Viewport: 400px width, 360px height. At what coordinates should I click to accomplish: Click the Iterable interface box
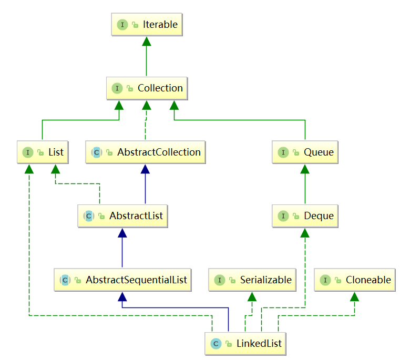[x=147, y=25]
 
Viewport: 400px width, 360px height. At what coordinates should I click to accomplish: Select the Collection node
[x=147, y=88]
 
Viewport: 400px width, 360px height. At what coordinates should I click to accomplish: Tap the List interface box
[x=42, y=152]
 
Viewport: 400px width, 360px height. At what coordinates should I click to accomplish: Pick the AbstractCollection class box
[x=146, y=152]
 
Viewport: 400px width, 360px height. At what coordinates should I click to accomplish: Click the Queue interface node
[x=305, y=152]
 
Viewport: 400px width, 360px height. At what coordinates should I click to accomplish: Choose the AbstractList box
[x=122, y=216]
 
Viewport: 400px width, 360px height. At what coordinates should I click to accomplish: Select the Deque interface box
[x=305, y=216]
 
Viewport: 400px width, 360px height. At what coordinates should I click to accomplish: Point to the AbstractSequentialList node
[x=122, y=280]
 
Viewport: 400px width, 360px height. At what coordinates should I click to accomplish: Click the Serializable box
[x=252, y=280]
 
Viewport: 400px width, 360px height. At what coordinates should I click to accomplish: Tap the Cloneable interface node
[x=354, y=280]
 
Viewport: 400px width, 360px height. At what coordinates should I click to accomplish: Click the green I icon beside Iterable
[x=122, y=25]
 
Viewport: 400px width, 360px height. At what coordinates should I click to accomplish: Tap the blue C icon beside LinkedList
[x=215, y=344]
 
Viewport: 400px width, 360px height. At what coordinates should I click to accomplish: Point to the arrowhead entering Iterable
[x=147, y=41]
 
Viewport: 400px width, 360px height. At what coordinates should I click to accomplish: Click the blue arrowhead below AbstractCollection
[x=146, y=168]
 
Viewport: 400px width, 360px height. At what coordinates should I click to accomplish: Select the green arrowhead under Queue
[x=305, y=168]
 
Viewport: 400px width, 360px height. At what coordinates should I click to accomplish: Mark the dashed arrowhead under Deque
[x=305, y=232]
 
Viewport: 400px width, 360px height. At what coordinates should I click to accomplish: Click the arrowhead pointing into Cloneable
[x=354, y=296]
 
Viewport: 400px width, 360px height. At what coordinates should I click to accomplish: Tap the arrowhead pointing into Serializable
[x=252, y=296]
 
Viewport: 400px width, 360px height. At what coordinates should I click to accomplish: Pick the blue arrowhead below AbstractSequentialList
[x=122, y=296]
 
